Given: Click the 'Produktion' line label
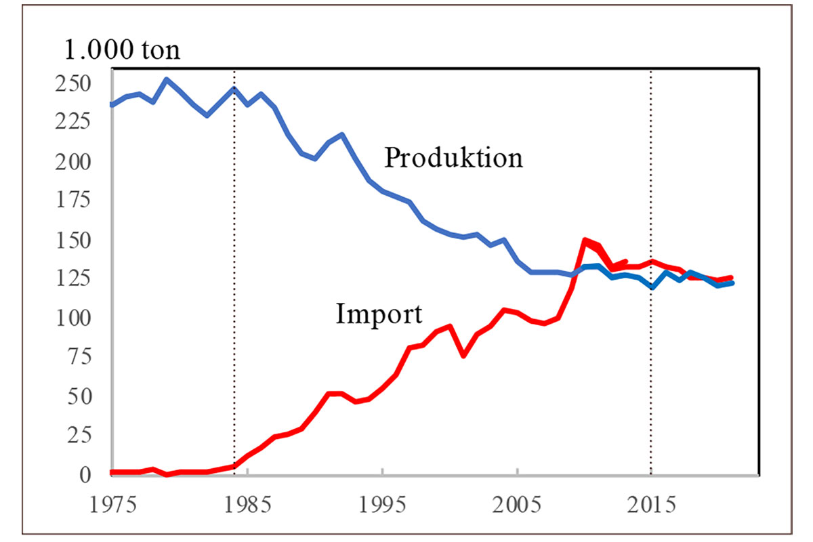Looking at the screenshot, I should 453,158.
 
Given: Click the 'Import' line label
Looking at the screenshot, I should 379,314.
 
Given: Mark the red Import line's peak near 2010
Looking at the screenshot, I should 585,241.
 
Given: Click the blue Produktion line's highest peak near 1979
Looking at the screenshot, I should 167,79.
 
